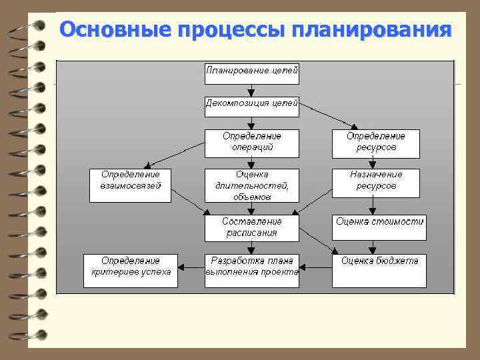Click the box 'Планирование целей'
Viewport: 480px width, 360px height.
pos(251,73)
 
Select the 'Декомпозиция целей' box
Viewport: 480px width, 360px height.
pos(251,105)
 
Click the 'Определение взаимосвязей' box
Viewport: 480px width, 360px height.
pos(130,183)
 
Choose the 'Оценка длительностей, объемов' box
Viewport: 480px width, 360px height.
pos(251,185)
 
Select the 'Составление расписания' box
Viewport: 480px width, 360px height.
pos(251,227)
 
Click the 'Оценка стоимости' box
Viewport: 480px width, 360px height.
pos(379,227)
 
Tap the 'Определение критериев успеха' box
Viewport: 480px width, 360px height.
pos(130,270)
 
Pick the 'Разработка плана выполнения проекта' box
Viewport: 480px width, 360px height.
pos(251,270)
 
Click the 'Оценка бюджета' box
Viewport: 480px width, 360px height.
pos(379,270)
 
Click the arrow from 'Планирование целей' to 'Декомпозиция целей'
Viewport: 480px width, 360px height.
pos(251,91)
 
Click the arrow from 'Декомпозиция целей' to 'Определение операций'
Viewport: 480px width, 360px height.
pos(251,121)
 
